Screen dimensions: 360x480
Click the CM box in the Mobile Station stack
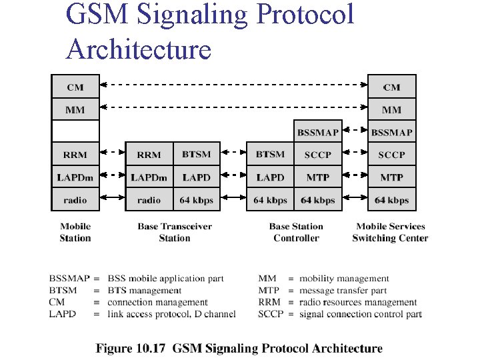click(x=75, y=87)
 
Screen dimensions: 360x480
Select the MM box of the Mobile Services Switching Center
click(x=391, y=109)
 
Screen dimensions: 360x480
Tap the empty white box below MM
click(x=75, y=131)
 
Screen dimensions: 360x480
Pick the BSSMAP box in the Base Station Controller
click(x=317, y=132)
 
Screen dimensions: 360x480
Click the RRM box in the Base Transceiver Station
click(x=149, y=155)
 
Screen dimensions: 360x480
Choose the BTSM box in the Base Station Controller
click(x=270, y=155)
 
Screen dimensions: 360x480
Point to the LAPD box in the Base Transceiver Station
click(x=196, y=177)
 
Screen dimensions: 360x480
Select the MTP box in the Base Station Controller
click(x=317, y=177)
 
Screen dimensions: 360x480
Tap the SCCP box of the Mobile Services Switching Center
click(x=391, y=155)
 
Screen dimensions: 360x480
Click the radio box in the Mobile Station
click(x=75, y=200)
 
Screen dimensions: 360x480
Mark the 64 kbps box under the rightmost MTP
click(x=391, y=200)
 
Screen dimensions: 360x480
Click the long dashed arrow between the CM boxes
click(x=233, y=85)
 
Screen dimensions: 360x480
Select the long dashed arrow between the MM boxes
click(x=233, y=107)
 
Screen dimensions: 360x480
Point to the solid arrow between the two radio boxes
click(x=112, y=198)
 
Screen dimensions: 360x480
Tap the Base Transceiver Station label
click(x=175, y=232)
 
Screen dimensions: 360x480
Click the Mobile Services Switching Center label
click(x=390, y=232)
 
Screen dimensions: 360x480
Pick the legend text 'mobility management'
click(x=344, y=279)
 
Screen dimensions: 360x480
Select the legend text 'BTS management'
click(x=144, y=291)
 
